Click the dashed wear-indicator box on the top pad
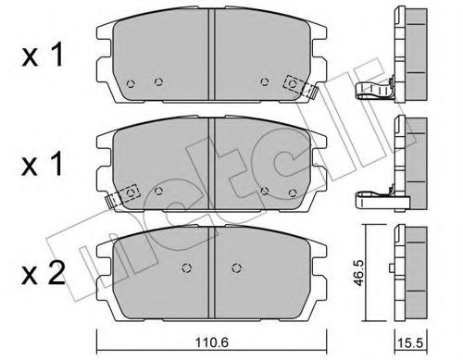click(294, 83)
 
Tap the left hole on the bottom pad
click(184, 269)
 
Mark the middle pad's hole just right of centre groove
click(265, 191)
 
